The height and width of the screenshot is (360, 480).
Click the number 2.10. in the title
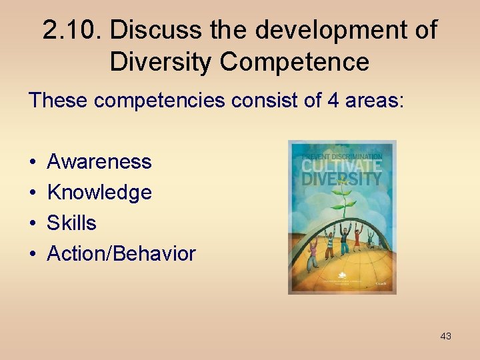pyautogui.click(x=71, y=30)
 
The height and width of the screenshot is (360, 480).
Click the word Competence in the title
pyautogui.click(x=294, y=61)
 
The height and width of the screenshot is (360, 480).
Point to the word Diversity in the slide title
pyautogui.click(x=161, y=61)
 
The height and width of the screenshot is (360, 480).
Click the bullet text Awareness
pyautogui.click(x=99, y=161)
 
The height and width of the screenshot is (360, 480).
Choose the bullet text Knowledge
pyautogui.click(x=99, y=192)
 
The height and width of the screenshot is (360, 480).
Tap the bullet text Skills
pyautogui.click(x=71, y=223)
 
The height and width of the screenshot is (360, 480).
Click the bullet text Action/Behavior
pyautogui.click(x=121, y=253)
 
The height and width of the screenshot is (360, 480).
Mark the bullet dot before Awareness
pyautogui.click(x=33, y=162)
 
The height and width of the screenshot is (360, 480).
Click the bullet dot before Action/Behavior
pyautogui.click(x=33, y=254)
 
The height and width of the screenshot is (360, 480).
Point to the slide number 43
pyautogui.click(x=445, y=336)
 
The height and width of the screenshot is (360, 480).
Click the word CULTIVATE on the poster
pyautogui.click(x=341, y=164)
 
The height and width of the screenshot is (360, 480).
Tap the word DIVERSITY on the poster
pyautogui.click(x=341, y=178)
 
